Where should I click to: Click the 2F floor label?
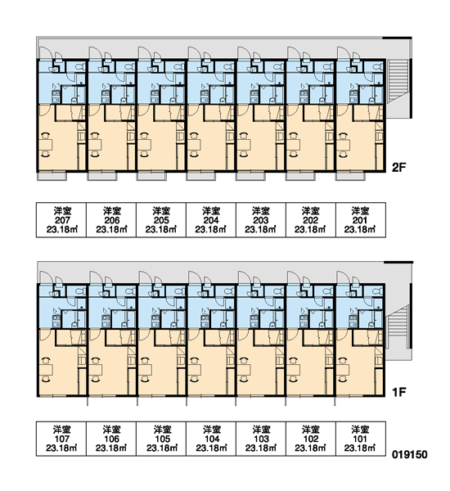398,168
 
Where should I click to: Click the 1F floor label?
399,392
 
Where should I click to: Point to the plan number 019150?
410,454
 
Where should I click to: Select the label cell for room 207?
61,220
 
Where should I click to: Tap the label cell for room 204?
211,220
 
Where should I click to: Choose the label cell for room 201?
361,220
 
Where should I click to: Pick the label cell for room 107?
61,439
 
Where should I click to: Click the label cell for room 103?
260,439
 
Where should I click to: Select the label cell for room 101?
361,439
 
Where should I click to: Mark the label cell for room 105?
161,439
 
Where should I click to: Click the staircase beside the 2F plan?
398,81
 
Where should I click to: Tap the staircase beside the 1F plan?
398,327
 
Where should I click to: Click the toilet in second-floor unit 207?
80,66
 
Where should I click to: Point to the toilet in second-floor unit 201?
378,66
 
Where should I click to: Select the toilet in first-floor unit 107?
80,291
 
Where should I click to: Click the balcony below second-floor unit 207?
52,176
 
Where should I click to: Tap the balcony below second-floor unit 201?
350,176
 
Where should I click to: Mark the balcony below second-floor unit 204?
201,176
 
